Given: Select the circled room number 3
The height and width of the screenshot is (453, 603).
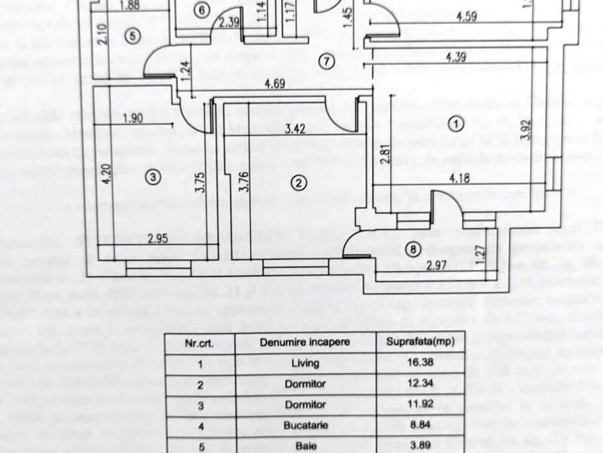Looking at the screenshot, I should coord(153,177).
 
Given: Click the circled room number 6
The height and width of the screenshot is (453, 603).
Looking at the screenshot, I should coord(200,10).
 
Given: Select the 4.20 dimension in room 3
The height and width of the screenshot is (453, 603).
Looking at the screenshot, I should coord(107,178).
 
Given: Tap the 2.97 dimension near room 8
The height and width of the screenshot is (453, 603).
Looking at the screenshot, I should coord(437,264).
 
